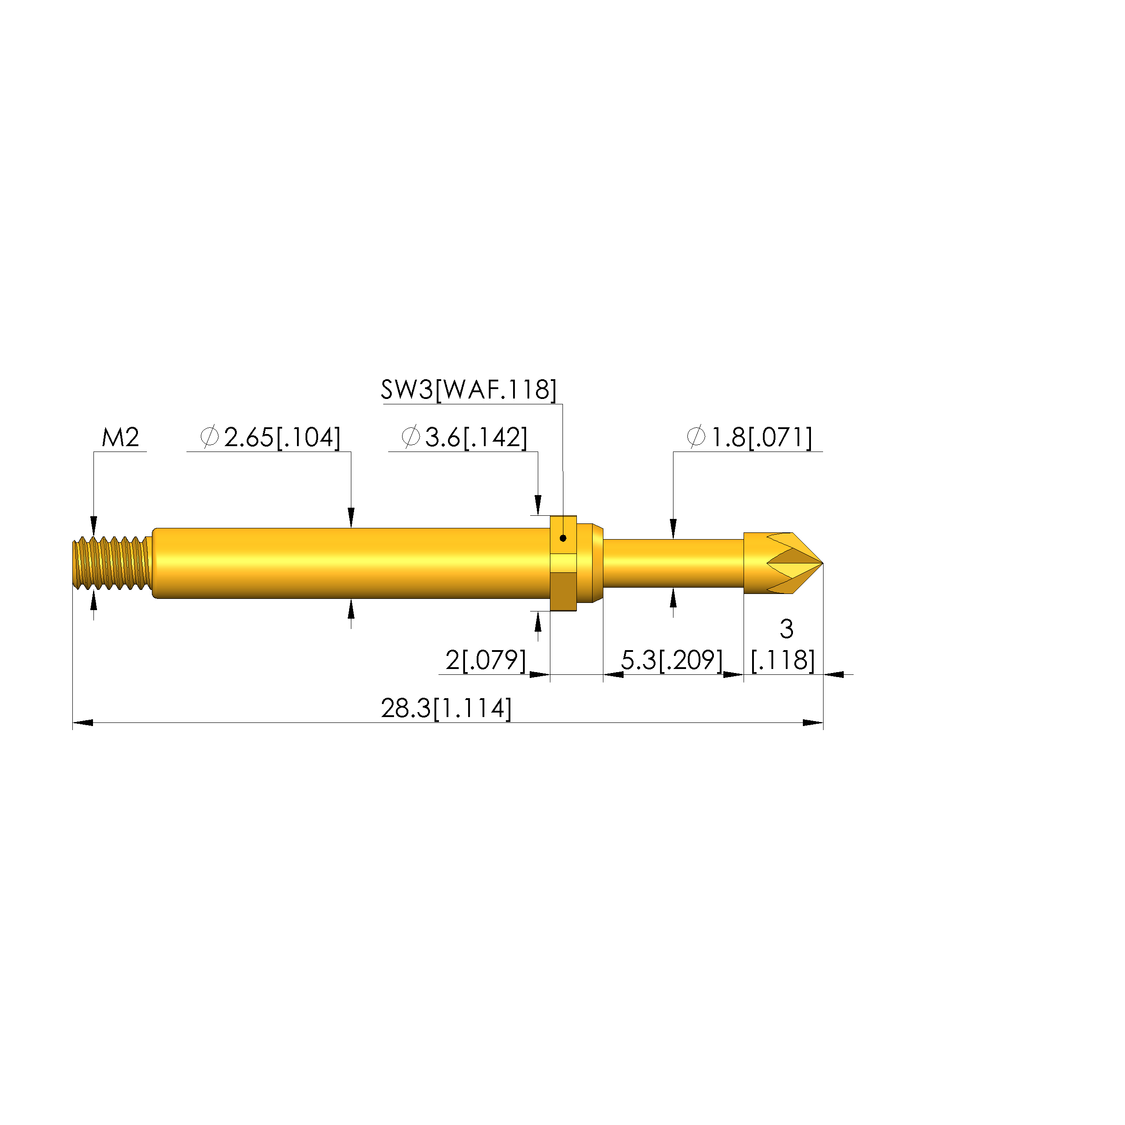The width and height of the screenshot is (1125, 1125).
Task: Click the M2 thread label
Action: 120,437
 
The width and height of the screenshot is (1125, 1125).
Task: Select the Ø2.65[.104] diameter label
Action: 270,437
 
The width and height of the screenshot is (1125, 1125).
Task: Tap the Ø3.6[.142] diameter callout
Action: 465,437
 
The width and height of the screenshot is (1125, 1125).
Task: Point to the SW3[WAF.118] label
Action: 469,390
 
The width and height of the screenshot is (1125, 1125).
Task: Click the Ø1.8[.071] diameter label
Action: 749,437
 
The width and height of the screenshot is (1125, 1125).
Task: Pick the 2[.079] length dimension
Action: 486,660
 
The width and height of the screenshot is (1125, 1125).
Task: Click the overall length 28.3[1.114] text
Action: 447,709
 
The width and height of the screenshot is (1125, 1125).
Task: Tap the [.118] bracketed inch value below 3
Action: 783,660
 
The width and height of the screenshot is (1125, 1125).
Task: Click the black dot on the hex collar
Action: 563,538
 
